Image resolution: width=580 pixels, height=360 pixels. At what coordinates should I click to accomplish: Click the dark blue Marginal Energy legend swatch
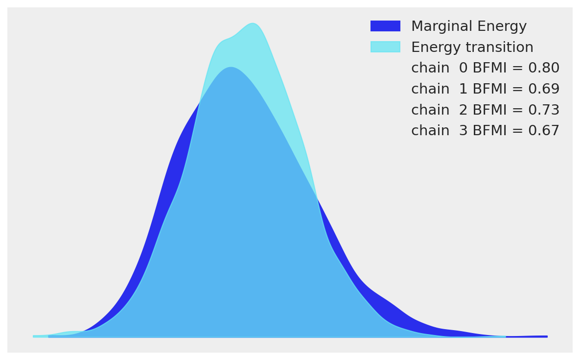coord(385,26)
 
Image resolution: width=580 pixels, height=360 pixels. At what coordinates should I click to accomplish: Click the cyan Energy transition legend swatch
coord(385,47)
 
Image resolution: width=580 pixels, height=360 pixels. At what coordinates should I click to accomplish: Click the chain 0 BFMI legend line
coord(485,68)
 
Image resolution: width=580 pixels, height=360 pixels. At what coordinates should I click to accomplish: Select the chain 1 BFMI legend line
coord(485,89)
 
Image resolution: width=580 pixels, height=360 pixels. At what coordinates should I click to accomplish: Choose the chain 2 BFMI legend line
coord(485,110)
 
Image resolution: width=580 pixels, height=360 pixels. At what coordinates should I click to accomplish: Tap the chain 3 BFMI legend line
coord(485,131)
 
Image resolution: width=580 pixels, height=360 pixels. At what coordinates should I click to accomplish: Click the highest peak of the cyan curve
coord(253,24)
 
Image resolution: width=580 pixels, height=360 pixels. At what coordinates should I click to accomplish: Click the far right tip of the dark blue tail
coord(546,336)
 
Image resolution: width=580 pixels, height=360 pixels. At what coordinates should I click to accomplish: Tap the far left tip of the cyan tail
coord(34,336)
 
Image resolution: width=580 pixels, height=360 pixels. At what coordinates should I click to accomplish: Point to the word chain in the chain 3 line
coord(430,131)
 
